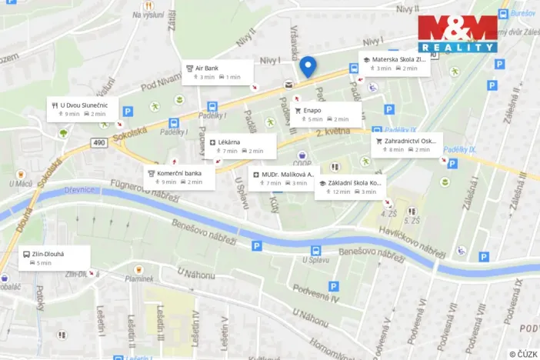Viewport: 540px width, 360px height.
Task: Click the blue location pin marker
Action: (x=308, y=66)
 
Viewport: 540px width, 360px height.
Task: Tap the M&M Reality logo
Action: (x=457, y=34)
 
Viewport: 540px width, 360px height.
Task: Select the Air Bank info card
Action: (x=218, y=72)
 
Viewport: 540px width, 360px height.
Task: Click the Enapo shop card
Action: (x=325, y=115)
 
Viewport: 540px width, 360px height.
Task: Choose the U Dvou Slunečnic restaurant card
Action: (x=84, y=108)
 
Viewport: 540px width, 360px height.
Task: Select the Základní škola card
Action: (x=350, y=187)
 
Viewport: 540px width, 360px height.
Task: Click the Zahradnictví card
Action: (x=407, y=145)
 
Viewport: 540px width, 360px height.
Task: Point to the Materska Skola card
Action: (x=394, y=63)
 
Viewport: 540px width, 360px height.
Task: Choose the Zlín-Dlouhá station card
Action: (x=54, y=258)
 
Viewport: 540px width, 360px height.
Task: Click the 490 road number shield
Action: (x=99, y=143)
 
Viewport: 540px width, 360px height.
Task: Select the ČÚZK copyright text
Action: (x=522, y=354)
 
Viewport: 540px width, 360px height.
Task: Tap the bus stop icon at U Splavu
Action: (x=315, y=250)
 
